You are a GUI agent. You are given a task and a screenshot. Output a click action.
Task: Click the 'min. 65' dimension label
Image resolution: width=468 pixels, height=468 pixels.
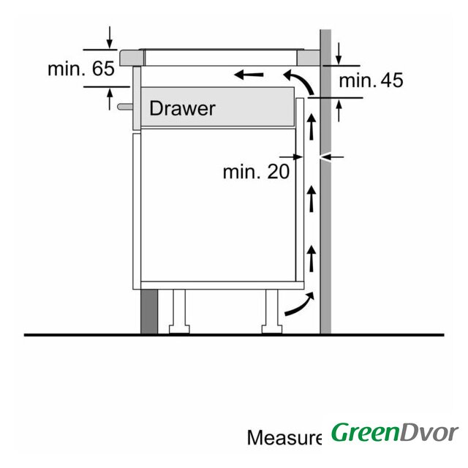(81, 68)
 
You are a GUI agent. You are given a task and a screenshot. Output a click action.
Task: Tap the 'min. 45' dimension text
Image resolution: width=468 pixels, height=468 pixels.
(371, 80)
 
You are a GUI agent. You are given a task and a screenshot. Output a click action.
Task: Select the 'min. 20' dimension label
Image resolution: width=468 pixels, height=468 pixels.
(256, 172)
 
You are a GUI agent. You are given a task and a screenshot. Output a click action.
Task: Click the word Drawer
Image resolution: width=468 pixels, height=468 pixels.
(182, 108)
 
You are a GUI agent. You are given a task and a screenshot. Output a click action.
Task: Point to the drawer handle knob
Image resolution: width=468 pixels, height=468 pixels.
(125, 107)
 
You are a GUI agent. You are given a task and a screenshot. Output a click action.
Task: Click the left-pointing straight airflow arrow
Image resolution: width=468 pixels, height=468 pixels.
(249, 75)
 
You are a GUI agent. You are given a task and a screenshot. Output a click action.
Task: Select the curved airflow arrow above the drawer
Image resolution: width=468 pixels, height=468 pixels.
(299, 81)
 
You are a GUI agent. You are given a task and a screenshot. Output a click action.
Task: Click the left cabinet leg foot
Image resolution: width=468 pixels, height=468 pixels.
(179, 329)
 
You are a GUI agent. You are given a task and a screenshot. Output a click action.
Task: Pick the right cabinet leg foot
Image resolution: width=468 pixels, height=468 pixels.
(271, 329)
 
